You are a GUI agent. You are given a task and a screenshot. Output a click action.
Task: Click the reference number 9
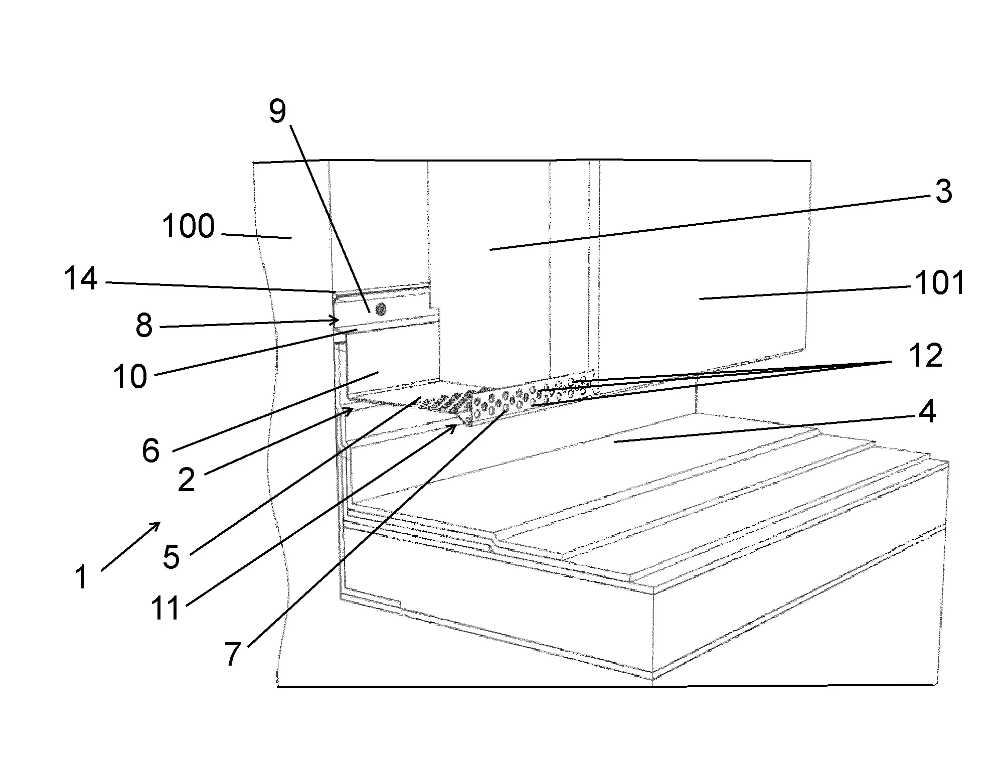click(277, 111)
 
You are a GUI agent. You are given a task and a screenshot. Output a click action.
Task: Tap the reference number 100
click(189, 226)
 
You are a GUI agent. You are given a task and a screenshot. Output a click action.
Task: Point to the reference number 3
click(943, 191)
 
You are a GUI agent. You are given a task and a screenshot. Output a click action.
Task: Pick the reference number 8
click(144, 326)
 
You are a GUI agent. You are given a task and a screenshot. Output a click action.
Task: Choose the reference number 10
click(130, 376)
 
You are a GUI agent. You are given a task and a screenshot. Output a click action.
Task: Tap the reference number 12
click(925, 356)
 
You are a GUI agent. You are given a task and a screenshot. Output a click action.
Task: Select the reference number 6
click(150, 450)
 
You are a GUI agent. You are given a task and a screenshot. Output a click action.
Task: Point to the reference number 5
click(172, 557)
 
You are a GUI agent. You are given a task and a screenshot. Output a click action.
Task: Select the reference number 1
click(82, 577)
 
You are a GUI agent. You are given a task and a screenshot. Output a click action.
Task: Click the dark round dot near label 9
click(381, 309)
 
